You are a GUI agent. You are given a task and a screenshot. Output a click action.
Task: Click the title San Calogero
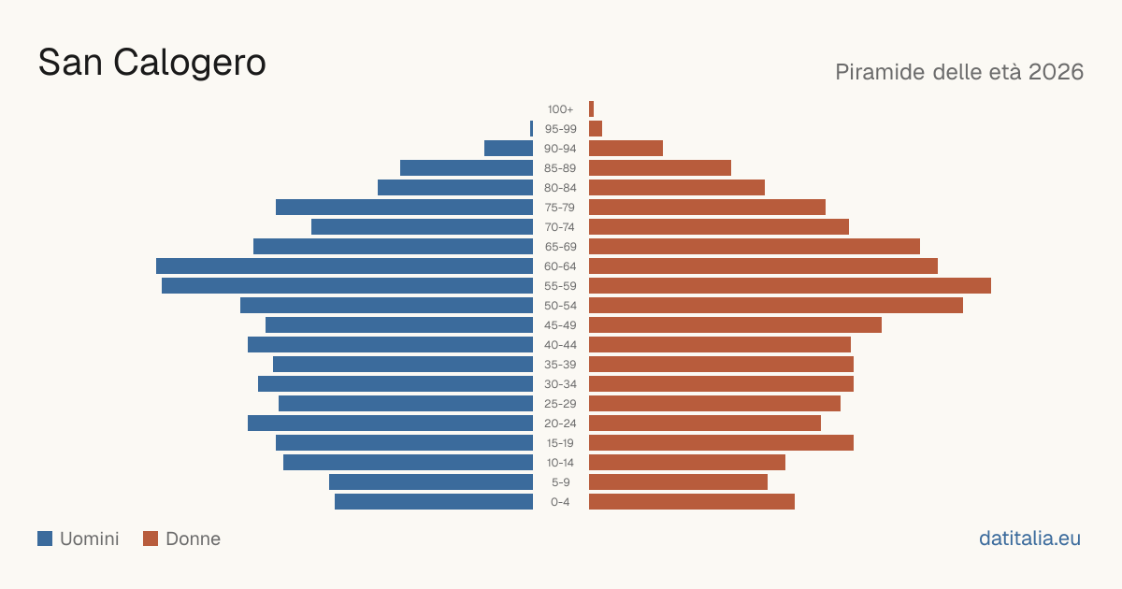click(151, 63)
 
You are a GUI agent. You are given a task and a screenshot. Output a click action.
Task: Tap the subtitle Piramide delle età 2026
click(959, 72)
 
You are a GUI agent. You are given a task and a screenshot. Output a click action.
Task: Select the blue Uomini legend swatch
click(45, 539)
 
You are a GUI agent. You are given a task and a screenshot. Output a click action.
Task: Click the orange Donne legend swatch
click(151, 539)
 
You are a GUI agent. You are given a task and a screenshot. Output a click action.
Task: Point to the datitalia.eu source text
click(1029, 539)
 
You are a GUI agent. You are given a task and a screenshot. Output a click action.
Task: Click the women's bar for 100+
click(591, 108)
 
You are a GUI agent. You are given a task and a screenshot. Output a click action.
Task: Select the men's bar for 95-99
click(531, 129)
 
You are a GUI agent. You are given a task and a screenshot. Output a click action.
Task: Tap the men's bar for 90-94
click(509, 149)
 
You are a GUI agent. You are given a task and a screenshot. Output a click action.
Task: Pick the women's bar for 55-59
click(790, 285)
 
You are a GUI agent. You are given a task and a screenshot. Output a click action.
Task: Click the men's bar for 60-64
click(345, 266)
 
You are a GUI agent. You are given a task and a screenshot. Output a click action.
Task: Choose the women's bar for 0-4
click(692, 502)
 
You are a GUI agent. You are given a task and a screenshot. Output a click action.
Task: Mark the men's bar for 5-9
click(431, 481)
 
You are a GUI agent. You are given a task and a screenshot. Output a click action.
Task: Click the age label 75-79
click(560, 208)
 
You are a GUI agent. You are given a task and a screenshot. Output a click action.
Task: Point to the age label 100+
click(560, 109)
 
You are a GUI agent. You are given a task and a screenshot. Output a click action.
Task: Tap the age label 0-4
click(560, 502)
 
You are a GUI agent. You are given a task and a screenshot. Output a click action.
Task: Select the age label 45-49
click(560, 325)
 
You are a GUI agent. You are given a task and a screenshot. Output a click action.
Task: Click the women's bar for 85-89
click(660, 167)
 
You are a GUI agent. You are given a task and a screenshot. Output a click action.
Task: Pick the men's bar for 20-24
click(390, 424)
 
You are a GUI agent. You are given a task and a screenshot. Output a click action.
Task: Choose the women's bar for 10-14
click(687, 462)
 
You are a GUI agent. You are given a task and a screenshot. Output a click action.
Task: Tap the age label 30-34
click(560, 384)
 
